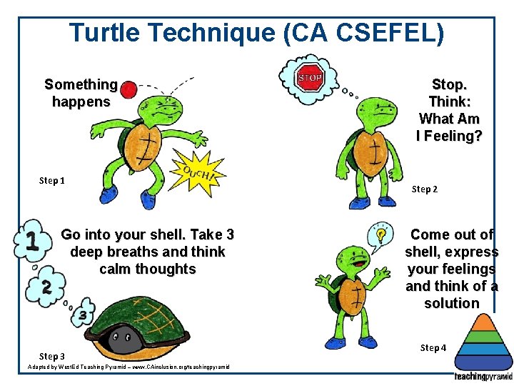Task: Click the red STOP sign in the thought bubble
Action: pos(309,76)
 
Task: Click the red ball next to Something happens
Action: pos(128,89)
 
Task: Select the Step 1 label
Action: pos(51,180)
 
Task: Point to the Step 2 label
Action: pos(425,189)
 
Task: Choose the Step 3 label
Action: pos(51,356)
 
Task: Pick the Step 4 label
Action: pos(433,347)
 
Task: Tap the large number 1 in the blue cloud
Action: pos(31,242)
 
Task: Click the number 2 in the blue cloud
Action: pos(45,287)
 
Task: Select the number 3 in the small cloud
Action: pos(83,315)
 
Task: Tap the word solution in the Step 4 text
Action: pos(451,303)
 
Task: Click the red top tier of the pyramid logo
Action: pos(482,321)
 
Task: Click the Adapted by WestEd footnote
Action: pos(128,366)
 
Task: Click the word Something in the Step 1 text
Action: pos(80,84)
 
